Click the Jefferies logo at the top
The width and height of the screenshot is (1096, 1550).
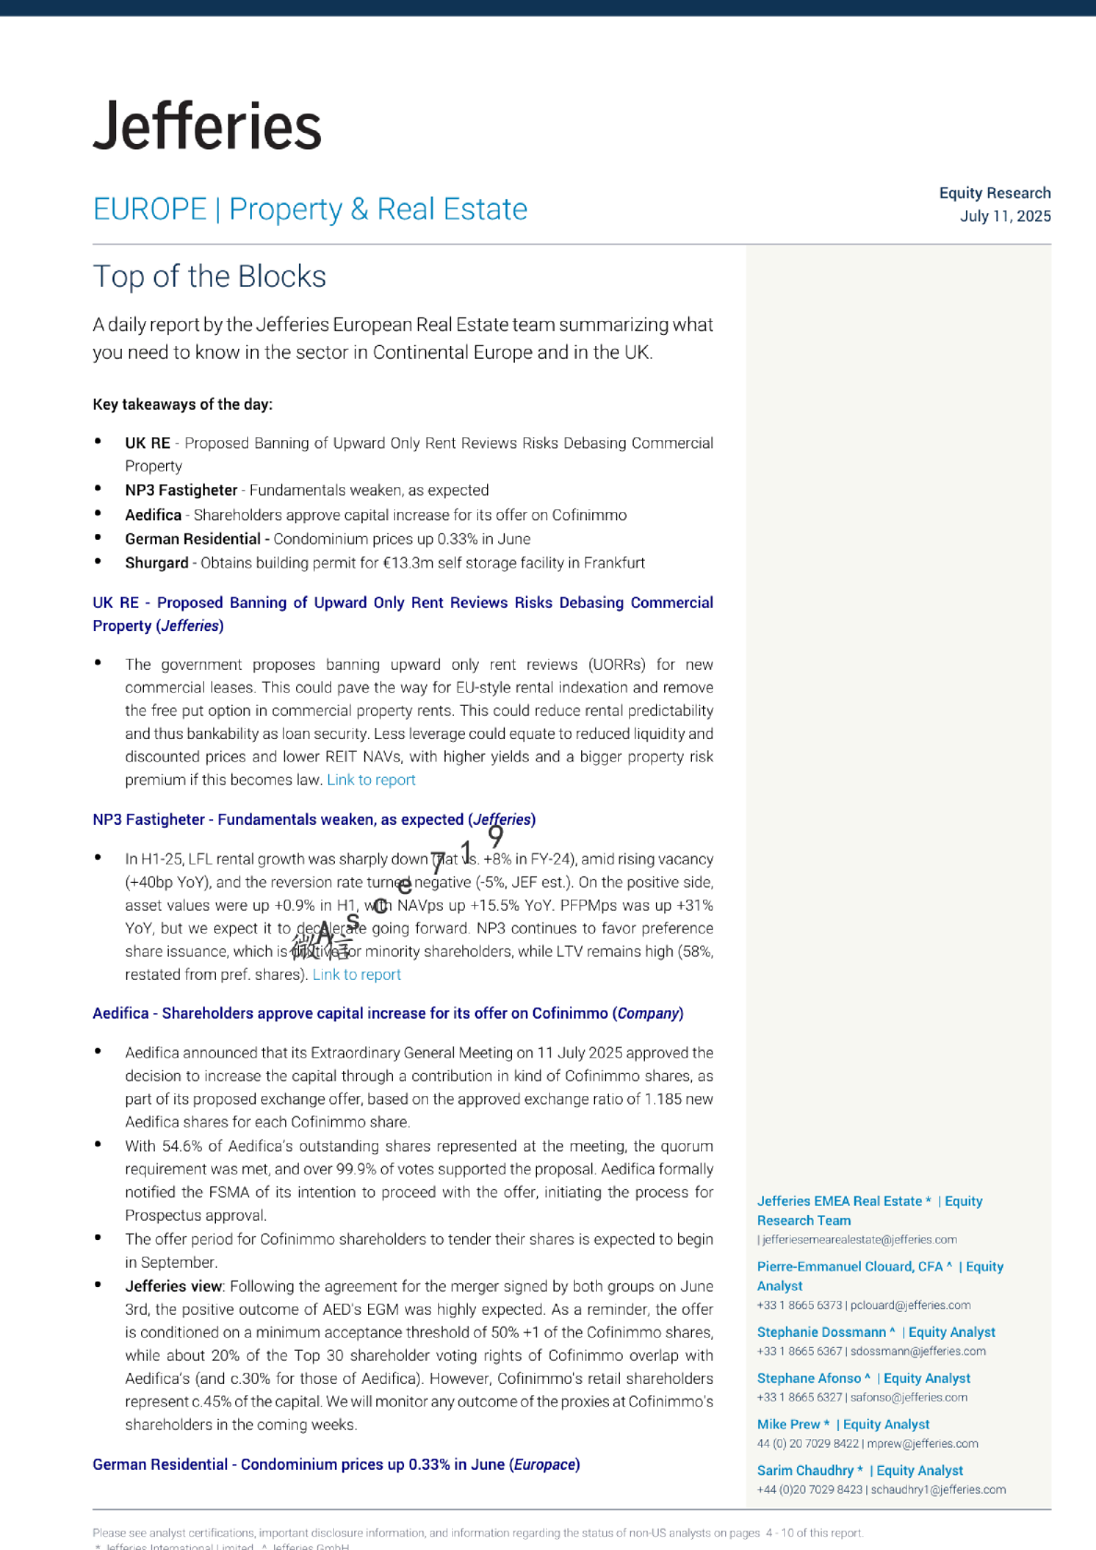[208, 126]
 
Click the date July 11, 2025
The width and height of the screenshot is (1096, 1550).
[1005, 216]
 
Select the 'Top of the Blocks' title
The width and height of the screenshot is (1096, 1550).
[209, 277]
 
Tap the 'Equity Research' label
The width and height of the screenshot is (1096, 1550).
[995, 193]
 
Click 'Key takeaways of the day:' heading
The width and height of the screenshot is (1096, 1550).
[183, 404]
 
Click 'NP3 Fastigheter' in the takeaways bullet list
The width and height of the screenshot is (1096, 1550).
[181, 490]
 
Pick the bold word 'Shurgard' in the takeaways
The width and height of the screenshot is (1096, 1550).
[157, 563]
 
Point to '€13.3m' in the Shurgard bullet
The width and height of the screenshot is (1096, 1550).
[407, 563]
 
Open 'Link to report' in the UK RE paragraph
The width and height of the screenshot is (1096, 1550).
[371, 780]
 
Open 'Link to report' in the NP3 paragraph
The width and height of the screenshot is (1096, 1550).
[356, 974]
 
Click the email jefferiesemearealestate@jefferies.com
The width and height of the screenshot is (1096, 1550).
[859, 1240]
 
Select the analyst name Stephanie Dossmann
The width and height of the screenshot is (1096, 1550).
[821, 1332]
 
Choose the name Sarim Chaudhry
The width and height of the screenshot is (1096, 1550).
[805, 1471]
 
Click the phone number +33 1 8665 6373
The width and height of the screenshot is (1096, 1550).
[799, 1306]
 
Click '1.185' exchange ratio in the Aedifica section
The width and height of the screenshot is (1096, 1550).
[662, 1099]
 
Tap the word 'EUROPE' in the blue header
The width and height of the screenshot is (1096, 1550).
[149, 209]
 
